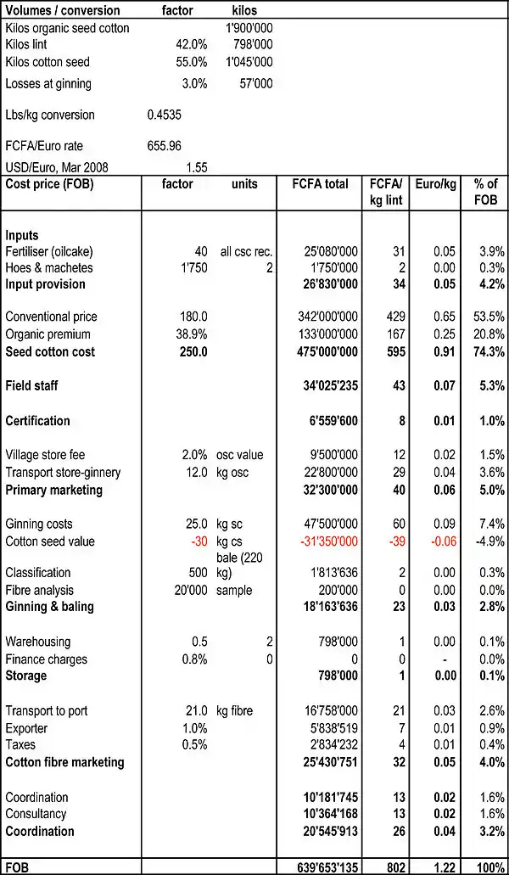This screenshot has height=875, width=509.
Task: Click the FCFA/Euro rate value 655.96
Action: (165, 146)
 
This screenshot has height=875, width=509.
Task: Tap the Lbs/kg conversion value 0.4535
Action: (164, 115)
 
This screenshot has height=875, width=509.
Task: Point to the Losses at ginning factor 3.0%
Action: (194, 83)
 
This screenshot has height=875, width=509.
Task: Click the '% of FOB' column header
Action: (486, 192)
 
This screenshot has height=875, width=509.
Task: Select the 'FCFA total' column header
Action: (320, 184)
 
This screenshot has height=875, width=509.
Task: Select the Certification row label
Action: (38, 421)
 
